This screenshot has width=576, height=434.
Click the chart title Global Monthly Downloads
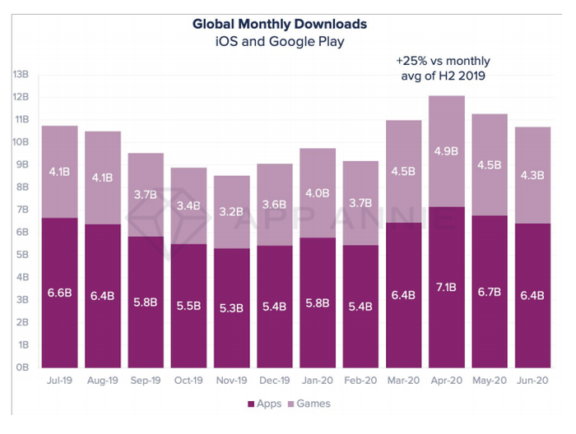click(x=279, y=24)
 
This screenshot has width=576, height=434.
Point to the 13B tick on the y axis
click(x=20, y=75)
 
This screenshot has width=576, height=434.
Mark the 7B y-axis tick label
click(x=21, y=210)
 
